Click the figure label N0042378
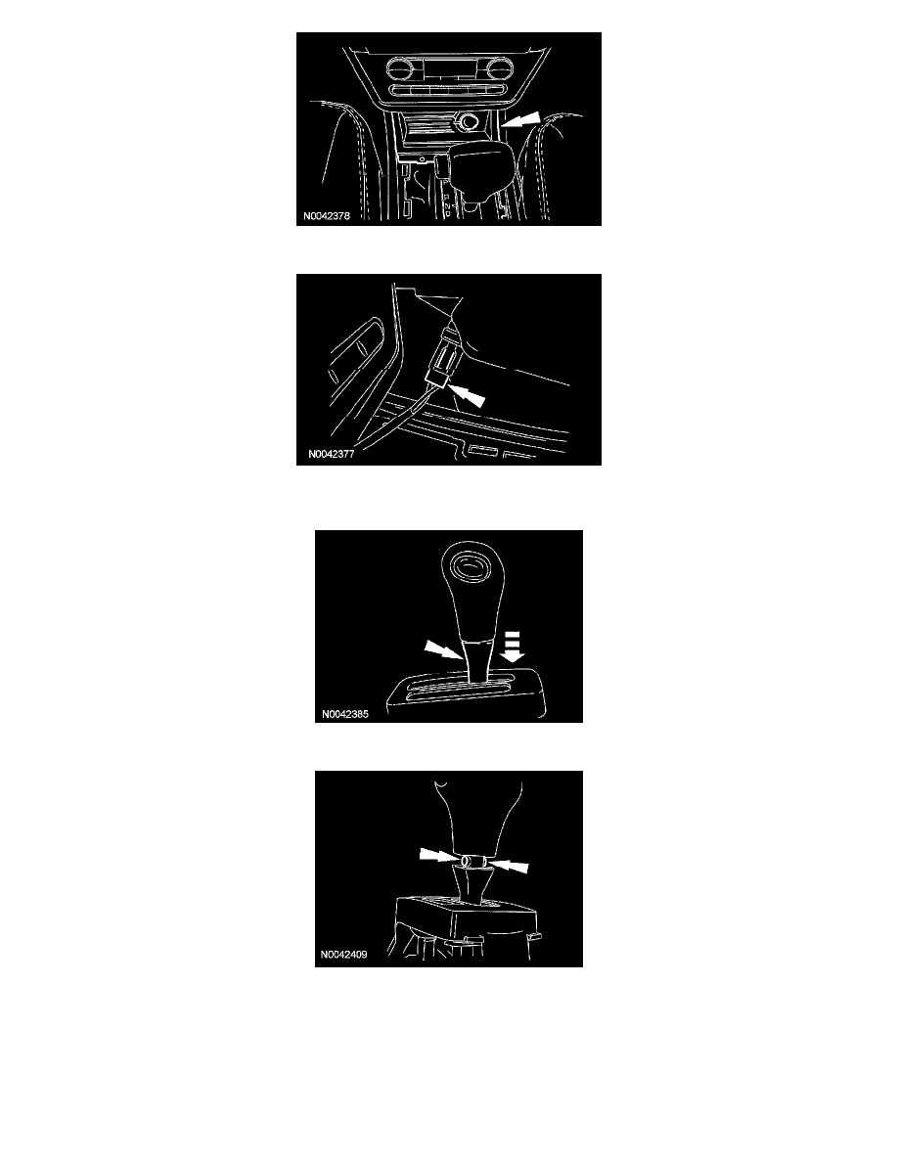[326, 216]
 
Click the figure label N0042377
[332, 454]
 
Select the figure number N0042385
[344, 714]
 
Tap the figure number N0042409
[343, 955]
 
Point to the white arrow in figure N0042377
[468, 394]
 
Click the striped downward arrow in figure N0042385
[512, 647]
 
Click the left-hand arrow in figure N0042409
[439, 855]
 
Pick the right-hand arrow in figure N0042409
[509, 865]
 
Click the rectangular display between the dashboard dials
[446, 70]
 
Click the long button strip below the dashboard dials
[446, 91]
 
